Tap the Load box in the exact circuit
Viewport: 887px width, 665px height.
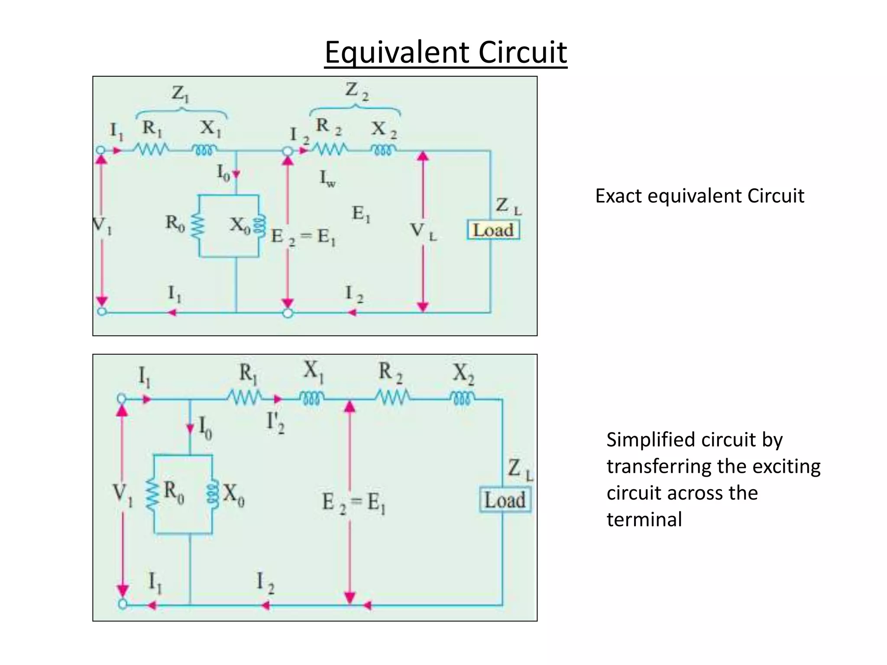493,230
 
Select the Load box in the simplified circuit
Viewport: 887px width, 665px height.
505,500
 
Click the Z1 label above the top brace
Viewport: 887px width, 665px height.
180,94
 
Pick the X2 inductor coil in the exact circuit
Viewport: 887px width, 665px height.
383,150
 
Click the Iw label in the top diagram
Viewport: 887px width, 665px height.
327,178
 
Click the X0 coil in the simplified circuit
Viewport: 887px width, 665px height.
212,494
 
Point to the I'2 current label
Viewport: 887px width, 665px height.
275,422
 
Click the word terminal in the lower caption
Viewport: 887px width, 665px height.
644,520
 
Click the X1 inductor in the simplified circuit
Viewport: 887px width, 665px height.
311,397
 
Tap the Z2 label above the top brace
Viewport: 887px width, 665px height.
357,91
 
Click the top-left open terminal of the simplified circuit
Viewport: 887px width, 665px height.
122,398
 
